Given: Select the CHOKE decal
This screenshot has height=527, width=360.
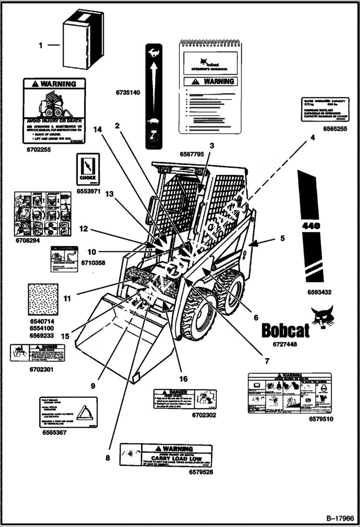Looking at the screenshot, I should click(88, 169).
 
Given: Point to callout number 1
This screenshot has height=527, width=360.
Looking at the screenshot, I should click(41, 45).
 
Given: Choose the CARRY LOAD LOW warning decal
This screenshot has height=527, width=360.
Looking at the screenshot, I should click(166, 455).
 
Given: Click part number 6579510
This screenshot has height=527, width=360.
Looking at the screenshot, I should click(322, 419).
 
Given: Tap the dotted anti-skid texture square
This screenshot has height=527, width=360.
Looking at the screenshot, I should click(43, 299).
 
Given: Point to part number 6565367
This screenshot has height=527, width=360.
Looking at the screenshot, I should click(54, 432).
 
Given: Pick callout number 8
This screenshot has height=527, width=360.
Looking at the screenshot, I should click(108, 458).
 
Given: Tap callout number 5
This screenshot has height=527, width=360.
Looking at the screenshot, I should click(282, 237).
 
